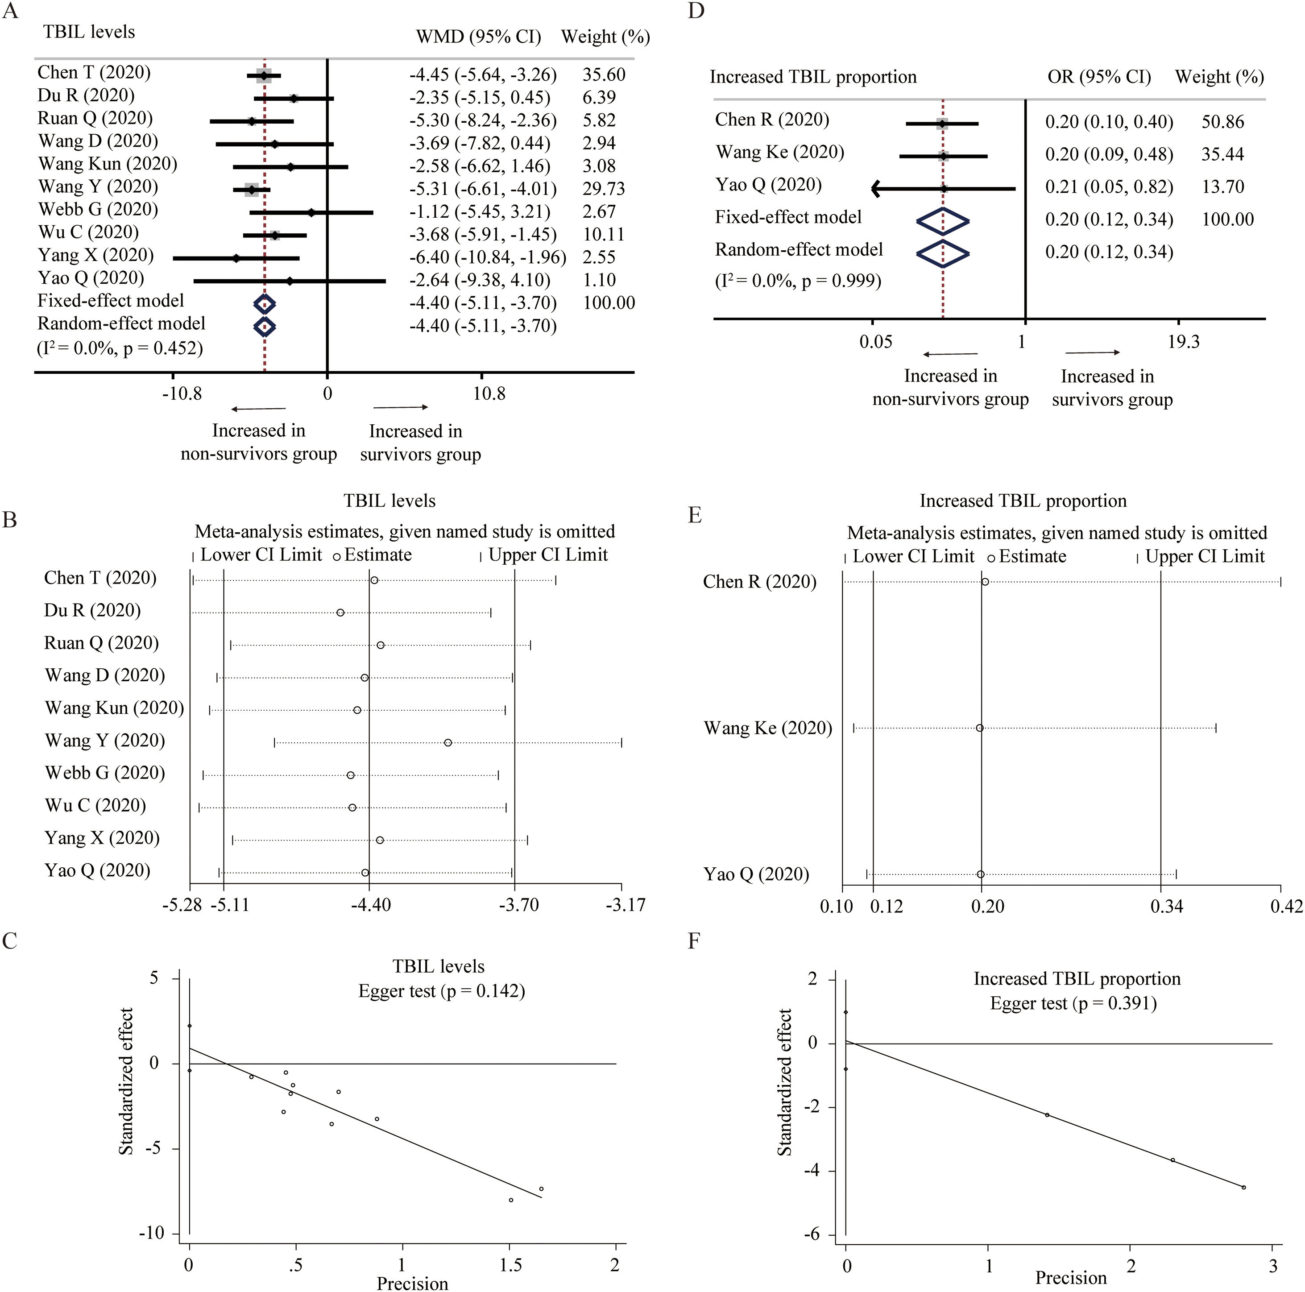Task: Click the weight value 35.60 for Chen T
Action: (x=604, y=75)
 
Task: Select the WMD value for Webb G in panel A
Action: (x=480, y=211)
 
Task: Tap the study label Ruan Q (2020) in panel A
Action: (x=95, y=118)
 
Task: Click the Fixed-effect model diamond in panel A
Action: (x=264, y=304)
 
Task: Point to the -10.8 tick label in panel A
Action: (x=182, y=393)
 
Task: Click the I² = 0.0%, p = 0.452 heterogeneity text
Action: (x=120, y=348)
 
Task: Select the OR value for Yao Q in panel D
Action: (x=1109, y=186)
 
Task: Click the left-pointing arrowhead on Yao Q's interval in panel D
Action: (x=877, y=189)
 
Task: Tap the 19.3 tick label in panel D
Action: (x=1183, y=342)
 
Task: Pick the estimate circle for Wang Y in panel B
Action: (x=448, y=742)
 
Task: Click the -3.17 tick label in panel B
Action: (x=626, y=904)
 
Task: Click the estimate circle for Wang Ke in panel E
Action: (x=979, y=728)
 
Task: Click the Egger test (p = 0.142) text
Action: (x=442, y=991)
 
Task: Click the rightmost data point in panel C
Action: (x=541, y=1188)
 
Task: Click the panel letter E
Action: (x=694, y=515)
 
